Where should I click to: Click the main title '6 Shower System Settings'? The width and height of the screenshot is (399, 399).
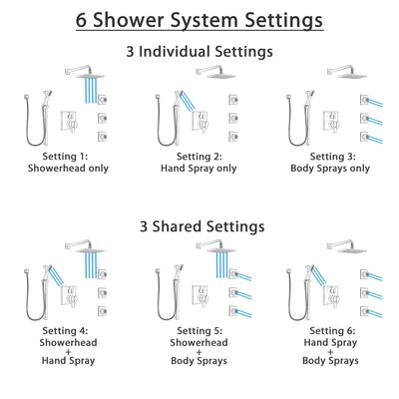pyautogui.click(x=199, y=19)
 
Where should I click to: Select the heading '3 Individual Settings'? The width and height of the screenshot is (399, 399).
pyautogui.click(x=199, y=51)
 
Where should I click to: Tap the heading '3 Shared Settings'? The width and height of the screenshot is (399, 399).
pyautogui.click(x=199, y=227)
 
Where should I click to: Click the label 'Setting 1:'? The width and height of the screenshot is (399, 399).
pyautogui.click(x=71, y=157)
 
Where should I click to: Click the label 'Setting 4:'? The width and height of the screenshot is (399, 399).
pyautogui.click(x=71, y=334)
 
